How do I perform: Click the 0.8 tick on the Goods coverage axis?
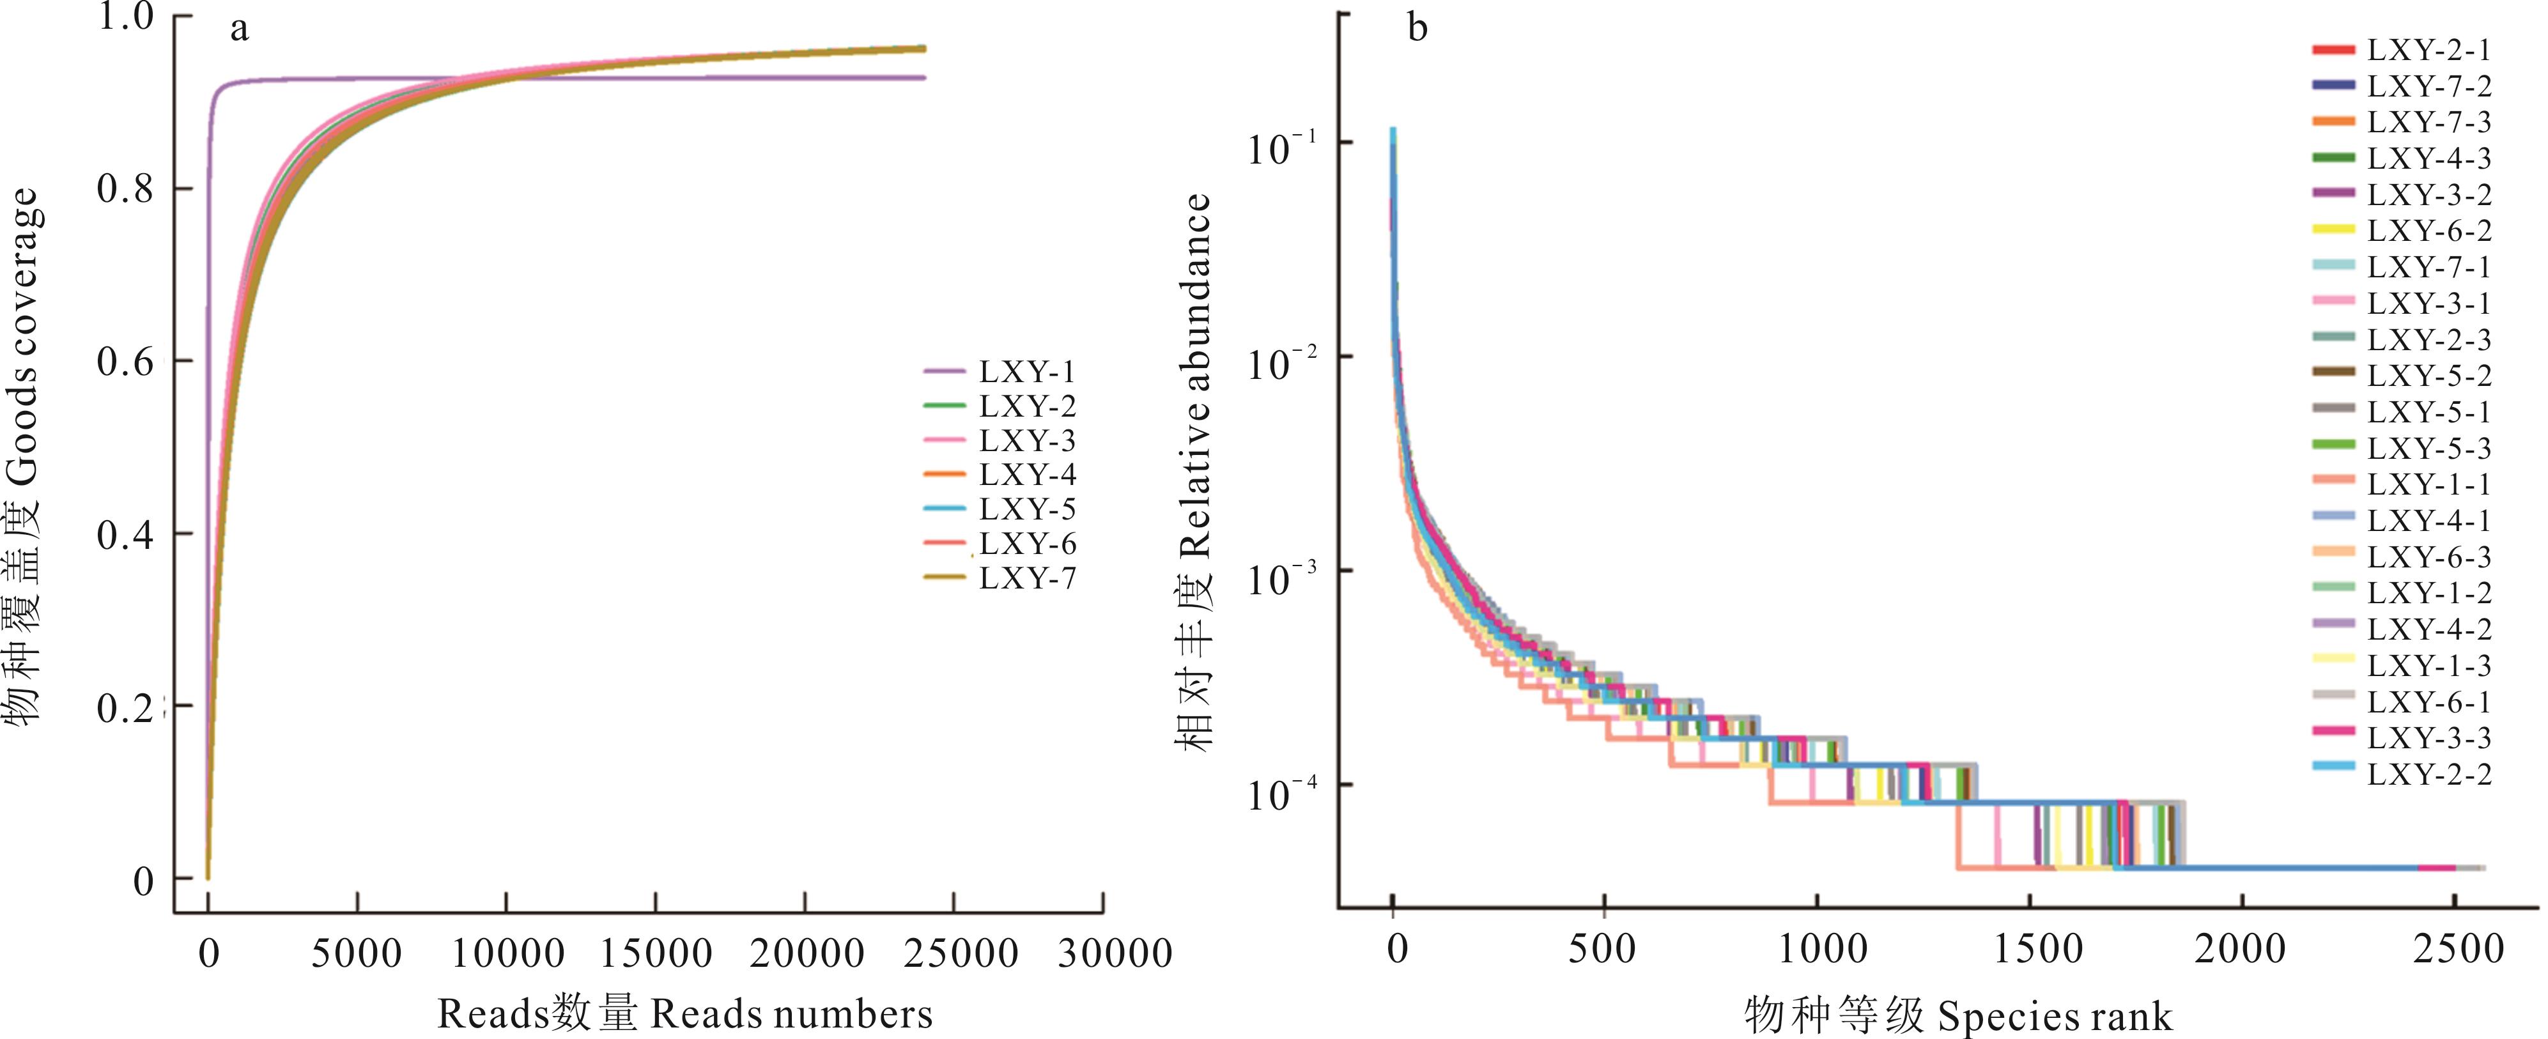click(126, 189)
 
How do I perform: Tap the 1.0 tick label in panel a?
click(126, 18)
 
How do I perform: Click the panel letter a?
click(240, 29)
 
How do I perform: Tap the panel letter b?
click(1417, 29)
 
